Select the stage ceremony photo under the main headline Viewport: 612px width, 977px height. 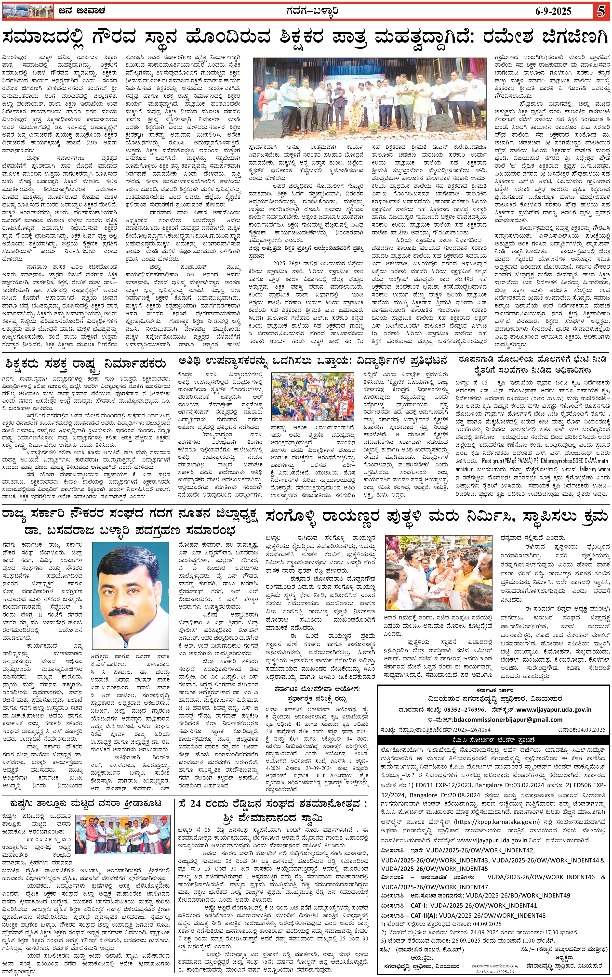pyautogui.click(x=370, y=98)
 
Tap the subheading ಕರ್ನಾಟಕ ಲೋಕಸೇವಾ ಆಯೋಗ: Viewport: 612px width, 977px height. pyautogui.click(x=317, y=689)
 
